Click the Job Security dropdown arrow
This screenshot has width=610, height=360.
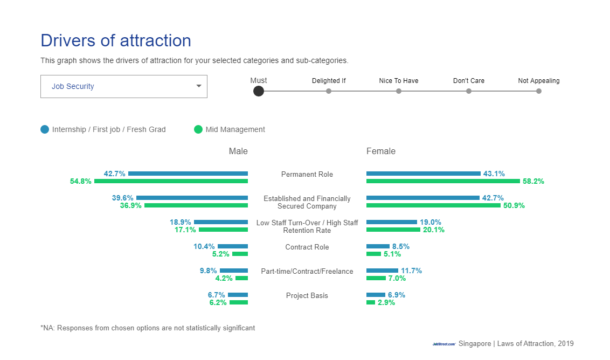tap(199, 86)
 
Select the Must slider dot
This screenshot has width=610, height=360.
tap(259, 91)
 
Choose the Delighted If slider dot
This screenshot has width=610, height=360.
tap(329, 91)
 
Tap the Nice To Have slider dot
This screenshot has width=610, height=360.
tap(399, 91)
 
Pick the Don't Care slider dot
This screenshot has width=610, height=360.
tap(469, 91)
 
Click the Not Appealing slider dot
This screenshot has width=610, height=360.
tap(539, 91)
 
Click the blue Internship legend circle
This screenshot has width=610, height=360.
tap(45, 129)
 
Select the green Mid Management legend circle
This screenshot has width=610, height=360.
tap(198, 129)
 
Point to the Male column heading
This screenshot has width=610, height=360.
tap(238, 151)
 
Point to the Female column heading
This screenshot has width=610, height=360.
tap(381, 151)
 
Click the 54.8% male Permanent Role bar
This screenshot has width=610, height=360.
tap(171, 181)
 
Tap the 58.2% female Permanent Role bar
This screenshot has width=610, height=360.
tap(443, 181)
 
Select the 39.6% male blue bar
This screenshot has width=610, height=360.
tap(192, 198)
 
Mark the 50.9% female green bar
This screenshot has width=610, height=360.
tap(433, 205)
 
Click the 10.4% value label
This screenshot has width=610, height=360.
tap(204, 246)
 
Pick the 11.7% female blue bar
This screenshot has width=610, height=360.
tap(382, 271)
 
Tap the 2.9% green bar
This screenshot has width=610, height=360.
tap(371, 302)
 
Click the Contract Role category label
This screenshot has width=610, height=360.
tap(307, 247)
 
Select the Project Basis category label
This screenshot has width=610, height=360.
tap(307, 295)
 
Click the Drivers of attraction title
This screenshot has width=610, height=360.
tap(116, 40)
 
